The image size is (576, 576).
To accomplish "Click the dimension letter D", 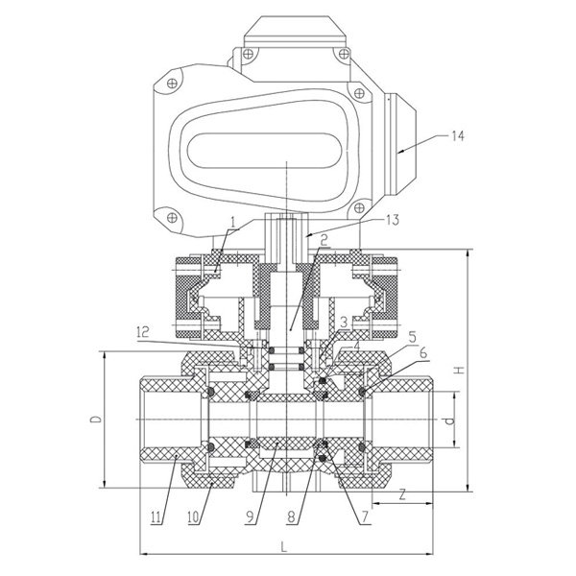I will click(94, 420).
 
